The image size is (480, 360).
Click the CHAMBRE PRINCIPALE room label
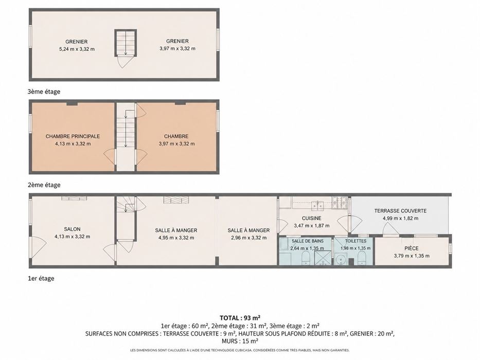pos(73,136)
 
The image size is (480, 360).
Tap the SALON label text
pos(72,229)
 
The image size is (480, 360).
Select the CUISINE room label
pos(312,218)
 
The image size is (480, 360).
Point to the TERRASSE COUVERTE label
pos(400,211)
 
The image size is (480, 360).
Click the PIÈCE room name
pos(412,248)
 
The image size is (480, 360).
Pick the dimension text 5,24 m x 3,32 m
pos(77,49)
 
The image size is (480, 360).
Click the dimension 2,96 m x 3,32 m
pos(248,238)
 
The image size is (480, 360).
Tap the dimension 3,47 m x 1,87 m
pos(312,226)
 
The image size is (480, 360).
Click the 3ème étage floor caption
pos(44,92)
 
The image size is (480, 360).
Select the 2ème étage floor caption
pos(44,185)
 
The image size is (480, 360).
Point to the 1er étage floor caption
pos(41,278)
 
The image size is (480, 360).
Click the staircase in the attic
pos(126,43)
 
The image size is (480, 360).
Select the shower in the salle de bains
pos(323,258)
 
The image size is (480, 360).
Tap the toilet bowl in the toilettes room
pos(362,258)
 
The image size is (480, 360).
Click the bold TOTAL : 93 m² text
pos(240,318)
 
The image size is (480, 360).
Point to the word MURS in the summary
pos(229,341)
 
